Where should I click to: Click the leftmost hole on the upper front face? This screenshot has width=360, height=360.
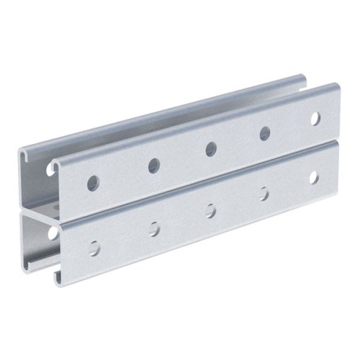[x=93, y=183]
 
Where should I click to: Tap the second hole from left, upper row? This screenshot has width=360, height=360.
[x=154, y=166]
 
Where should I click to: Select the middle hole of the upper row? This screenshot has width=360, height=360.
[x=211, y=149]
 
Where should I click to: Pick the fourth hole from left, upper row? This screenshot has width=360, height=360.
[x=265, y=133]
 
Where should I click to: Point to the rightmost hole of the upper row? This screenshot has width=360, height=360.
[x=315, y=118]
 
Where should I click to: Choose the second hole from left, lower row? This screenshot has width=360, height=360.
[x=155, y=228]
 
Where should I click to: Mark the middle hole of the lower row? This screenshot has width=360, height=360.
[x=211, y=210]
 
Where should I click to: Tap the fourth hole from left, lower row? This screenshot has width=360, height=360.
[x=264, y=193]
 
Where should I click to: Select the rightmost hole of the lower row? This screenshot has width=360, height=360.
[x=314, y=176]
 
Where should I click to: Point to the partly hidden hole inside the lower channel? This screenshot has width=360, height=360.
[x=53, y=233]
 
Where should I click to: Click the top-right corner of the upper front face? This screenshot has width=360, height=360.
[x=337, y=86]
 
